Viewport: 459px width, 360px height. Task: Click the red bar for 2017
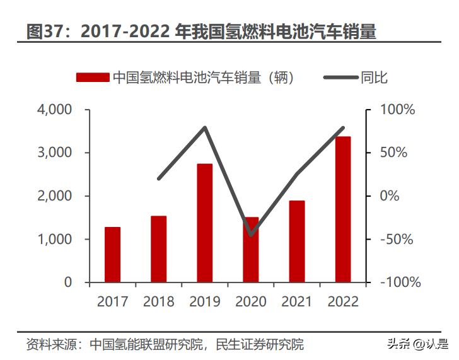pos(112,255)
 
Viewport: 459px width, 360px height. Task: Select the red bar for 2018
pos(158,249)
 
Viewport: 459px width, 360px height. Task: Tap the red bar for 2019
pos(204,223)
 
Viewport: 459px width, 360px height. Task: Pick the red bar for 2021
pos(296,241)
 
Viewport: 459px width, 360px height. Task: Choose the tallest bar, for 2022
pos(343,209)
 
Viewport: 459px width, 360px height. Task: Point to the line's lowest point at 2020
pos(251,235)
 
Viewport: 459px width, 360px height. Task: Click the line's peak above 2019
pos(205,128)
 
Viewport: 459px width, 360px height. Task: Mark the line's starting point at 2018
pos(159,179)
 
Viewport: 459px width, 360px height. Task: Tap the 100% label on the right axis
pos(398,110)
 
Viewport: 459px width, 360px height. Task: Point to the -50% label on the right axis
pos(397,240)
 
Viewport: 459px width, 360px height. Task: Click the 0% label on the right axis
pos(390,196)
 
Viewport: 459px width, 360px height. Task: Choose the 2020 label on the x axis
pos(251,301)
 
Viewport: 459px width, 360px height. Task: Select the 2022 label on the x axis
pos(343,301)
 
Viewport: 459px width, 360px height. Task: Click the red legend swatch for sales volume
pos(93,78)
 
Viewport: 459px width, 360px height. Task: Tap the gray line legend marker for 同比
pos(340,78)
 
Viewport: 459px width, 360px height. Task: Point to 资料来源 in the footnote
pos(50,344)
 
